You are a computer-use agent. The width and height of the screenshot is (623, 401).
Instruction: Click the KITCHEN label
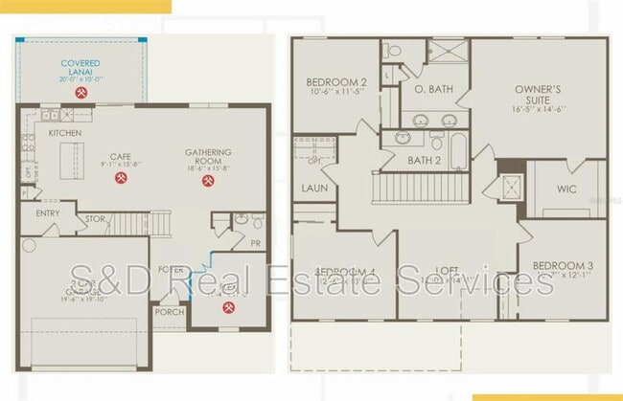[64, 132]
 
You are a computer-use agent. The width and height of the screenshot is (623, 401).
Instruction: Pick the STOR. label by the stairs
[94, 218]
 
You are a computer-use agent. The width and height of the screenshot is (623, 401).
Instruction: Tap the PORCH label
[171, 311]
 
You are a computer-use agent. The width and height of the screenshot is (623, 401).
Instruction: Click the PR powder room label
[254, 243]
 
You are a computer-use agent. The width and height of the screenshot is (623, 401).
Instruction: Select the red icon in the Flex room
[228, 307]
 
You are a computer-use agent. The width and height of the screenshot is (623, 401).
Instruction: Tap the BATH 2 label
[424, 160]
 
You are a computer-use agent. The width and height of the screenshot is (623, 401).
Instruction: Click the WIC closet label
[566, 188]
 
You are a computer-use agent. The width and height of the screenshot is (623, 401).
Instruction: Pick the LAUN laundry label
[314, 188]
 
